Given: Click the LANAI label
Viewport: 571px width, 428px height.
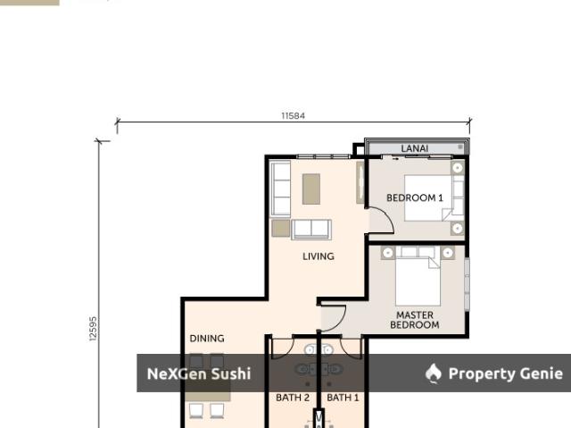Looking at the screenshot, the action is pyautogui.click(x=414, y=148).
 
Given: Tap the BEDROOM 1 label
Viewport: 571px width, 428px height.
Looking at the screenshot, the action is pyautogui.click(x=415, y=198).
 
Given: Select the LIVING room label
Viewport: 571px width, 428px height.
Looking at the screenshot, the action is pyautogui.click(x=319, y=256).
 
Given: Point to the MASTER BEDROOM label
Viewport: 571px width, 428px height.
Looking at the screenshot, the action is pyautogui.click(x=414, y=320).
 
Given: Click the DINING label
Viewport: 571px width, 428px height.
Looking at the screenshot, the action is pyautogui.click(x=207, y=339).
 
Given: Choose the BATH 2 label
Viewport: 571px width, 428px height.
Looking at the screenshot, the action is pyautogui.click(x=293, y=398).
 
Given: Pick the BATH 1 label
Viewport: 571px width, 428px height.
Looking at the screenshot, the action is pyautogui.click(x=343, y=398).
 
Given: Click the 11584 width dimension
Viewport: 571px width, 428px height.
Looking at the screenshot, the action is pyautogui.click(x=294, y=115).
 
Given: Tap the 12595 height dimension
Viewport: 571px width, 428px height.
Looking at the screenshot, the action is pyautogui.click(x=93, y=329).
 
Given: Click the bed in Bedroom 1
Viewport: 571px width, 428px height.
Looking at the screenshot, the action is pyautogui.click(x=428, y=198).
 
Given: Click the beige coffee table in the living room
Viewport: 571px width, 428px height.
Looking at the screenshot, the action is pyautogui.click(x=311, y=189).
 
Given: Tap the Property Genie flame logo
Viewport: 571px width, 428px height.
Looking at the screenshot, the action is pyautogui.click(x=434, y=373).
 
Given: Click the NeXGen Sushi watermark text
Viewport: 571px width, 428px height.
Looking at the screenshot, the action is pyautogui.click(x=199, y=373).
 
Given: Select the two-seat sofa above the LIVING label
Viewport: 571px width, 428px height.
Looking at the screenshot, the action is pyautogui.click(x=311, y=230).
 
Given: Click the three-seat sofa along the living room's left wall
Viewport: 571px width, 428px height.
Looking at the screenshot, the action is pyautogui.click(x=281, y=189).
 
